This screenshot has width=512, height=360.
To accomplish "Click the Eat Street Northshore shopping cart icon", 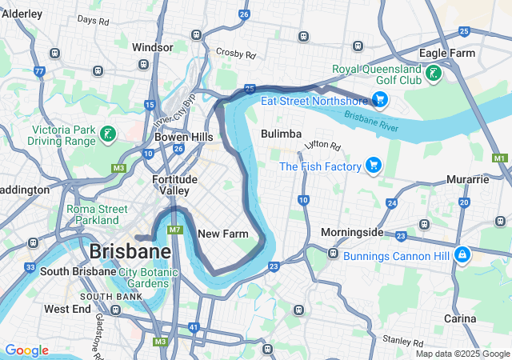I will pos(379,100).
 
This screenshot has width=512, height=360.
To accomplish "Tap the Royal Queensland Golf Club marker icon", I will pos(433,74).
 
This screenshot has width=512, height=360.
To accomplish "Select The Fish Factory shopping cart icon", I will pos(373,166).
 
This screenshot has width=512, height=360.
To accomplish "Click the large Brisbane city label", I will pos(130,251).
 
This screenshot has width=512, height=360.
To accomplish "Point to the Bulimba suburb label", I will pos(281,134).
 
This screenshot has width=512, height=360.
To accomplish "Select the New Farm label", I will pos(219,234).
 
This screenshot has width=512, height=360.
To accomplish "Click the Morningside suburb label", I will pos(352,233).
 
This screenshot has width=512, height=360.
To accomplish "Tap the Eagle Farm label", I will pos(447,54).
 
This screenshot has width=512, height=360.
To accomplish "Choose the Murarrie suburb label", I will pos(468,179).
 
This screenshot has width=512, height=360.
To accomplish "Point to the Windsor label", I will pos(152,47).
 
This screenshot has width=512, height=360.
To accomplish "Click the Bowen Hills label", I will pos(184,137).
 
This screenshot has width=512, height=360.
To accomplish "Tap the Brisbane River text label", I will pos(372,122).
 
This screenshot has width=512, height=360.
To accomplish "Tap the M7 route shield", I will pos(175,230).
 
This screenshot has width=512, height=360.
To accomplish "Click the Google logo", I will pos(26,350).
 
